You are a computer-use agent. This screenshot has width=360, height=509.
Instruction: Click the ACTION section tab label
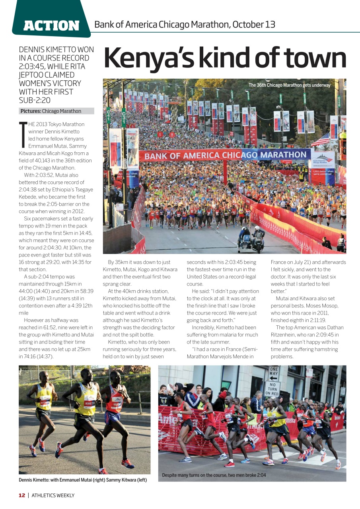51,25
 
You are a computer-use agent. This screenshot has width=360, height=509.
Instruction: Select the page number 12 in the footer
22,495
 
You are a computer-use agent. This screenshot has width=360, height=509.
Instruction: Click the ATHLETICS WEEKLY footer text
53,495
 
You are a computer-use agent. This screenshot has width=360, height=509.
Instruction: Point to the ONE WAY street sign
274,373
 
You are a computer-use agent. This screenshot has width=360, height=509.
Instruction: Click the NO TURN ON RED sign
272,389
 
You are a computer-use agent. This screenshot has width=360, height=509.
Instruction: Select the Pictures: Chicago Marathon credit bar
56,111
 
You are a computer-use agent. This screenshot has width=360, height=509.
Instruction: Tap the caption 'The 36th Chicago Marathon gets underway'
289,85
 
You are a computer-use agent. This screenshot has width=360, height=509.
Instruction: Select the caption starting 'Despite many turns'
214,475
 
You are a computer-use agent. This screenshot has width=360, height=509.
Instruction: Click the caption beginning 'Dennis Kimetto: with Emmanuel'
83,480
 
